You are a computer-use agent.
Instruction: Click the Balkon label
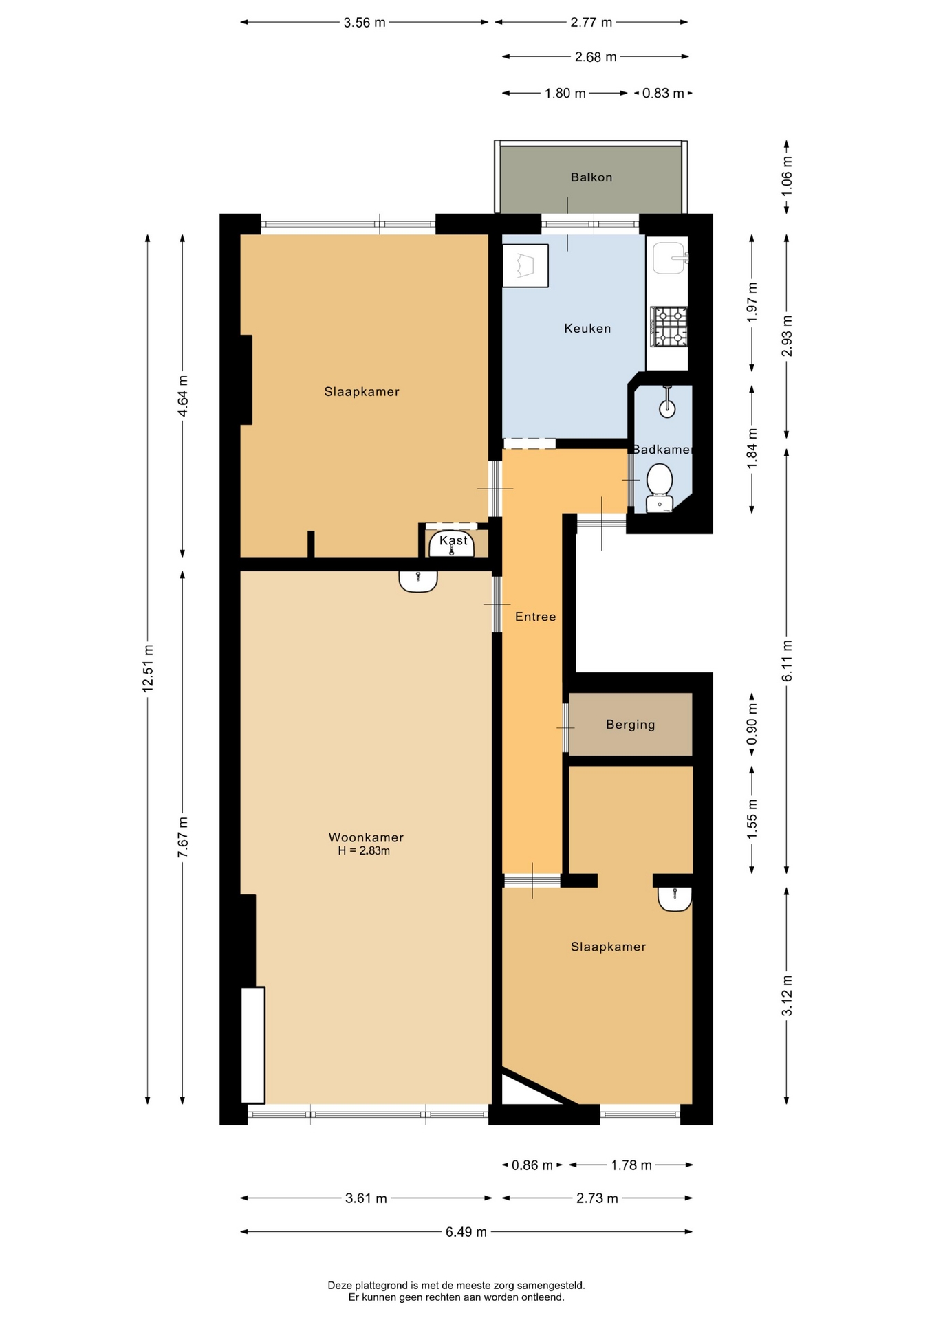coord(591,177)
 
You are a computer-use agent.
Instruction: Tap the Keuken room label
coord(587,329)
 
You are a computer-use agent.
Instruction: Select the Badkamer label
coord(662,450)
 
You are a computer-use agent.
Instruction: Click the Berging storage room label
coord(630,725)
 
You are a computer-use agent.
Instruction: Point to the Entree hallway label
coord(535,617)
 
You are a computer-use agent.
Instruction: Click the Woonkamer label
coord(366,837)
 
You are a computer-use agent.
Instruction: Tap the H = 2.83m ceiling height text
coord(364,851)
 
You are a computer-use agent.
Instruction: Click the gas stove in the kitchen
coord(669,326)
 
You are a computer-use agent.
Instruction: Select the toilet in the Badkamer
coord(660,487)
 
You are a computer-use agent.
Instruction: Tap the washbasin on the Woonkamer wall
coord(418,582)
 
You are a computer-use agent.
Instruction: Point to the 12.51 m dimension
coord(148,668)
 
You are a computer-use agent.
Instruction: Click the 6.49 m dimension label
coord(466,1232)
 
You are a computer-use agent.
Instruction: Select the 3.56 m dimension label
coord(365,23)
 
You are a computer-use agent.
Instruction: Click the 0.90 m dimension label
coord(752,725)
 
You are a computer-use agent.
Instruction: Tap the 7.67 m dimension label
coord(183,837)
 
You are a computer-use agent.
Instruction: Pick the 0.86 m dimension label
coord(532,1165)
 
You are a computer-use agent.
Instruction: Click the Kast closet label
coord(453,540)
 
